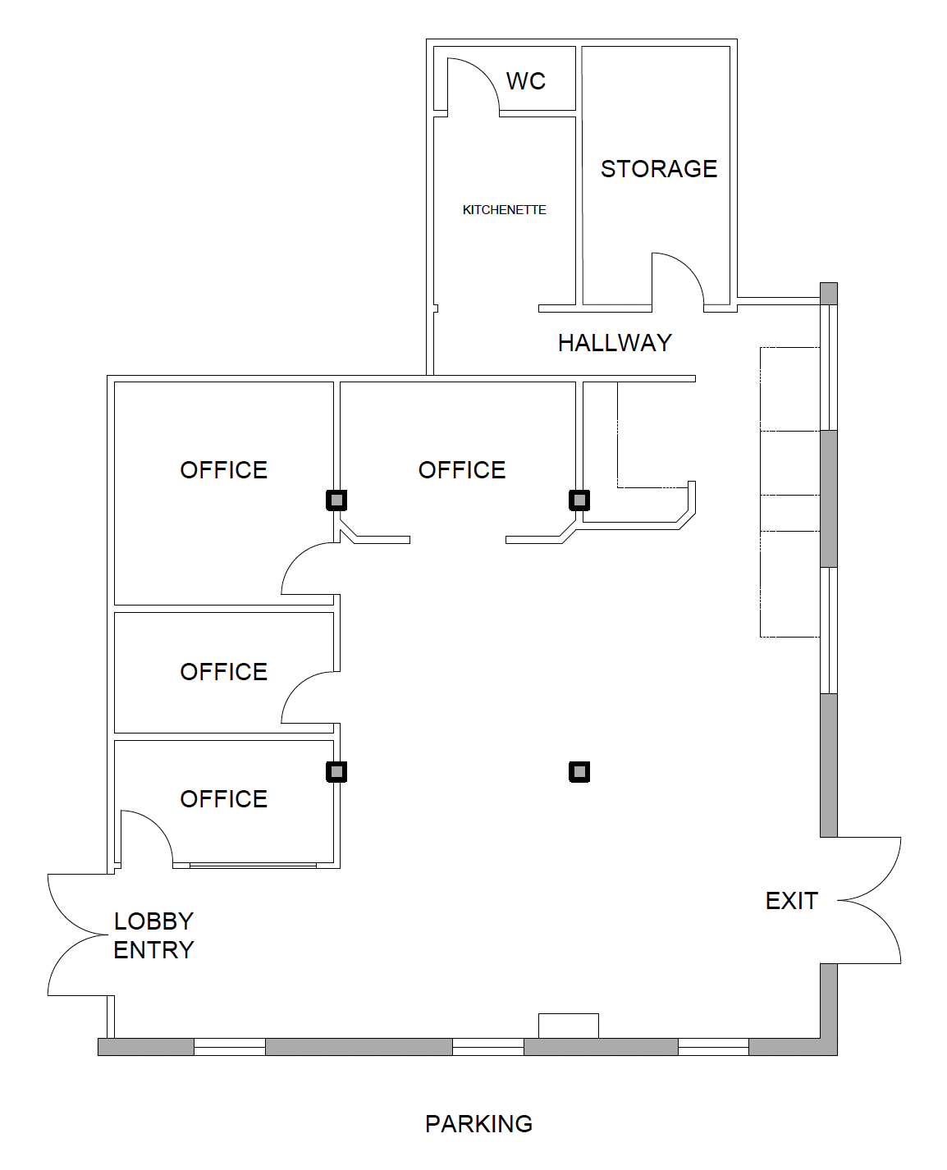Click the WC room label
click(525, 81)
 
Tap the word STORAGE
click(658, 169)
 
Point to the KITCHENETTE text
click(504, 210)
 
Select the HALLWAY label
click(615, 343)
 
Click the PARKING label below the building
click(478, 1124)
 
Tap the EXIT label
click(791, 901)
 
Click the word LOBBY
click(153, 921)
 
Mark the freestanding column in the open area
click(579, 771)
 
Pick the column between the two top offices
click(336, 500)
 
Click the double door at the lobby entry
click(80, 935)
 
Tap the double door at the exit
click(870, 900)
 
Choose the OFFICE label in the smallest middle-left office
click(223, 672)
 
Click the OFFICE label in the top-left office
click(223, 470)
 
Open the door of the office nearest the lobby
click(146, 837)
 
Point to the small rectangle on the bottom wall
click(568, 1026)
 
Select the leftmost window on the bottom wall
click(229, 1046)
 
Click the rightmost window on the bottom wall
click(713, 1046)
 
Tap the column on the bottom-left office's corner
click(336, 771)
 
